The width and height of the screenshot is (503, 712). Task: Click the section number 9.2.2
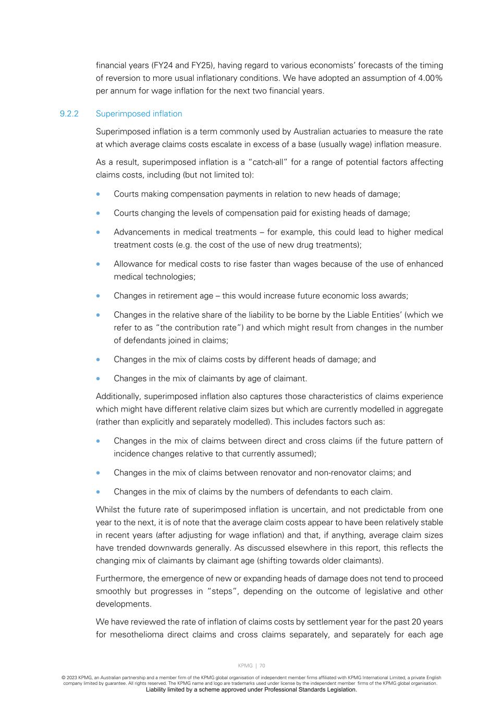[69, 114]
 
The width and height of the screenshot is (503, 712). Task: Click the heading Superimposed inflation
[139, 114]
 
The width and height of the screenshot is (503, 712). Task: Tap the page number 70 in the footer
[262, 666]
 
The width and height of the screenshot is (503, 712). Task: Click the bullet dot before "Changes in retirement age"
[98, 296]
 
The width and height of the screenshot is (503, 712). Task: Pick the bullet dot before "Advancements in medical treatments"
[98, 232]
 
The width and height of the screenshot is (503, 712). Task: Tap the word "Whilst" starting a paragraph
[108, 510]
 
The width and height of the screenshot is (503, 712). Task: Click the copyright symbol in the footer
[63, 678]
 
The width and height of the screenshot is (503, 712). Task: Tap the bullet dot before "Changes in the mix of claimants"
[98, 379]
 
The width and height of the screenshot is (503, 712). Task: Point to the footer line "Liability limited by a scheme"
[251, 690]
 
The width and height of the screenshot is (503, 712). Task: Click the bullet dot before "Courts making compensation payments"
[98, 194]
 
